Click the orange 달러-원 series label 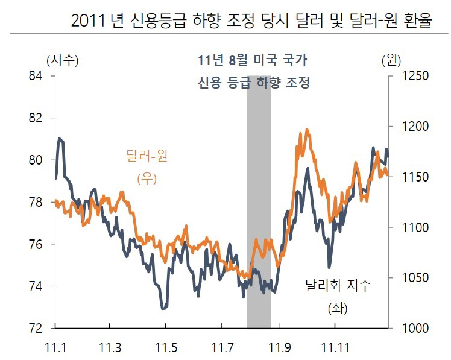tap(147, 157)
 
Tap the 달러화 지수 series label tap(338, 286)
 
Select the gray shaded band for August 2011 tap(259, 205)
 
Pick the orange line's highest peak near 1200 tap(307, 129)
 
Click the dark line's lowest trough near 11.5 tap(163, 308)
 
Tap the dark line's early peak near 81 tap(60, 139)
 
